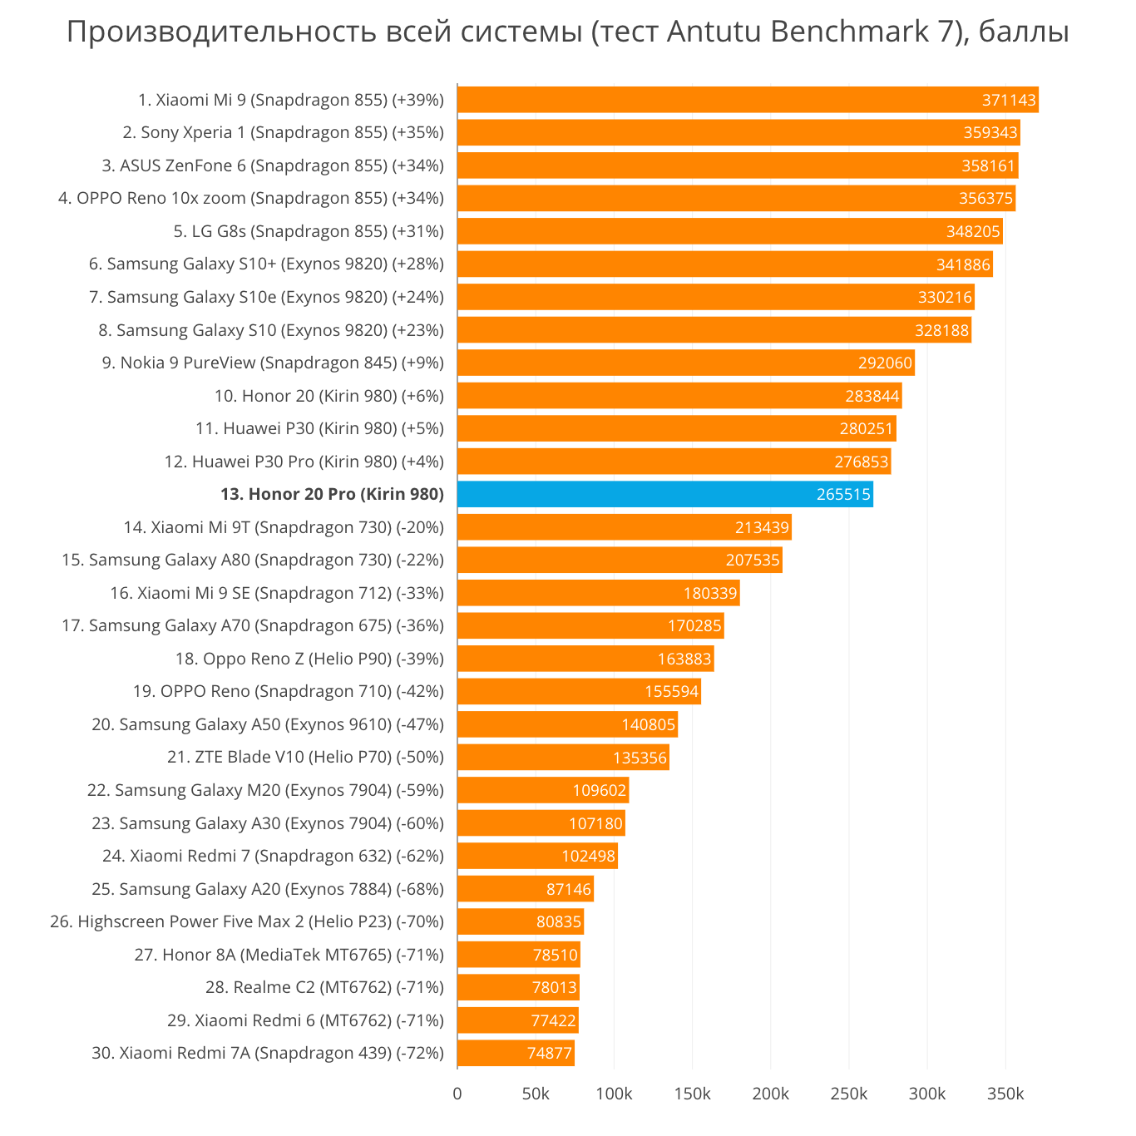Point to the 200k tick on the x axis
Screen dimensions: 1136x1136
tap(771, 1094)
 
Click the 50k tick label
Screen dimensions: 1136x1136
tap(536, 1094)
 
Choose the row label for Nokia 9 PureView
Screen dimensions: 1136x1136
tap(273, 363)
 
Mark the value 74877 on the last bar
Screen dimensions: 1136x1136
tap(550, 1053)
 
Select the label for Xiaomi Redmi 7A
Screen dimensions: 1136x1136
tap(268, 1053)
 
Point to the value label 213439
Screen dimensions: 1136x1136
tap(762, 527)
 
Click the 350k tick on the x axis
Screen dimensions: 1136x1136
tap(1005, 1094)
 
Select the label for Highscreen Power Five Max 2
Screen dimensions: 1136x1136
tap(247, 921)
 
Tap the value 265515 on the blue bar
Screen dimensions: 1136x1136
tap(843, 494)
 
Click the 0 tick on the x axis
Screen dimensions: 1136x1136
tap(457, 1094)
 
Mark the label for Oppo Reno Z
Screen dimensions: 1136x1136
tap(309, 659)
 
